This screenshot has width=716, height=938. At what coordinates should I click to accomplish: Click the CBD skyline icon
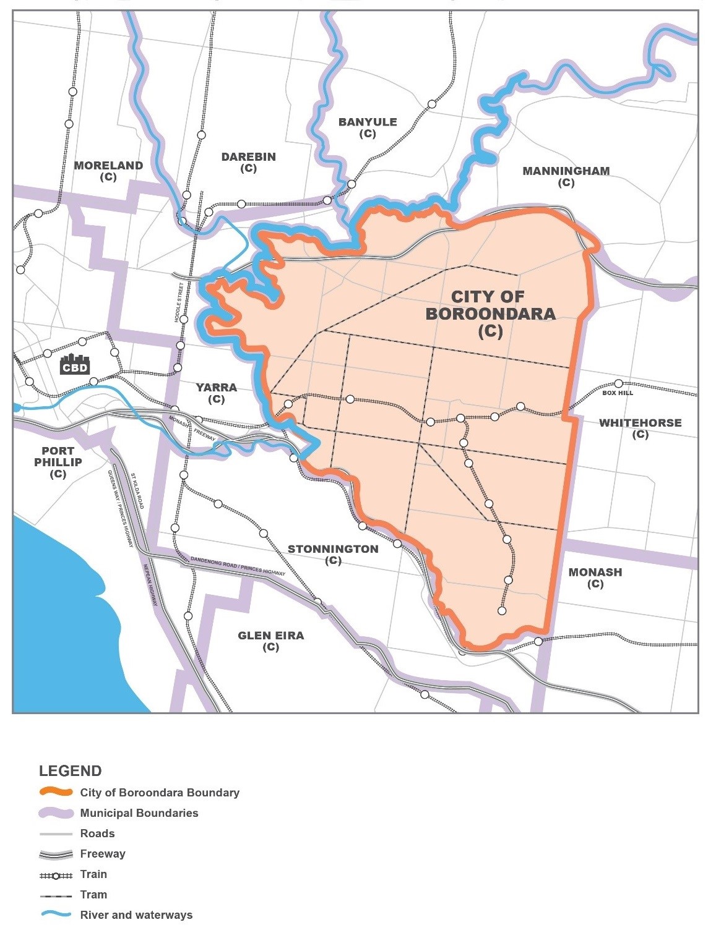pos(74,364)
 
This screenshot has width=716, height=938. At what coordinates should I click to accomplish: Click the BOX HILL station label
pos(618,393)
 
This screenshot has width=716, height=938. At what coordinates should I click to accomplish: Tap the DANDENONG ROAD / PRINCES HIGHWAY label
pos(238,566)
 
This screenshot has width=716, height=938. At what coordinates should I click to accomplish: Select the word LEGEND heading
pos(70,771)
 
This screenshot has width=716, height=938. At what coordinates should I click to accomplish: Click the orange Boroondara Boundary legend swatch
pos(56,792)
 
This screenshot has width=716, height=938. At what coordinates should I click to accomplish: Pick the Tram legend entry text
pos(93,895)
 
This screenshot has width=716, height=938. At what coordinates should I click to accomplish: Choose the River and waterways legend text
pos(136,915)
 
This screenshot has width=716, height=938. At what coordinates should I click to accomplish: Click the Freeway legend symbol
pos(56,854)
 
